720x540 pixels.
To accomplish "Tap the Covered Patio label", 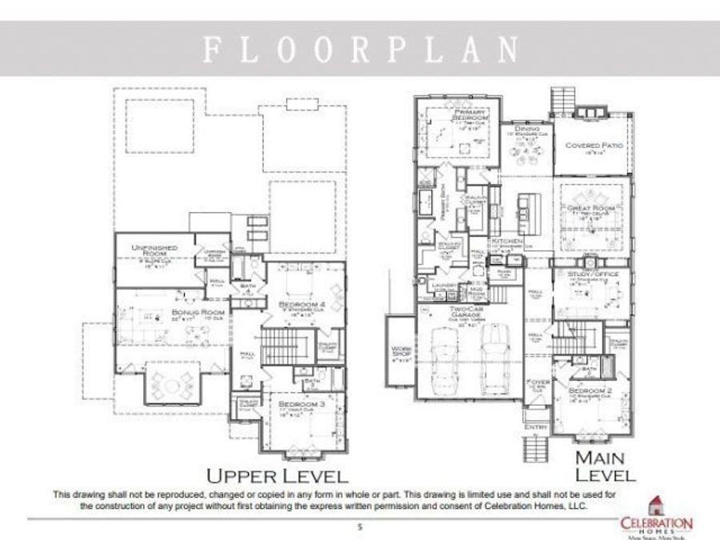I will click(594, 146).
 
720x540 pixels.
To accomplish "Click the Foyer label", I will click(538, 383).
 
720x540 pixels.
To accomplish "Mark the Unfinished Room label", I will click(154, 252).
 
